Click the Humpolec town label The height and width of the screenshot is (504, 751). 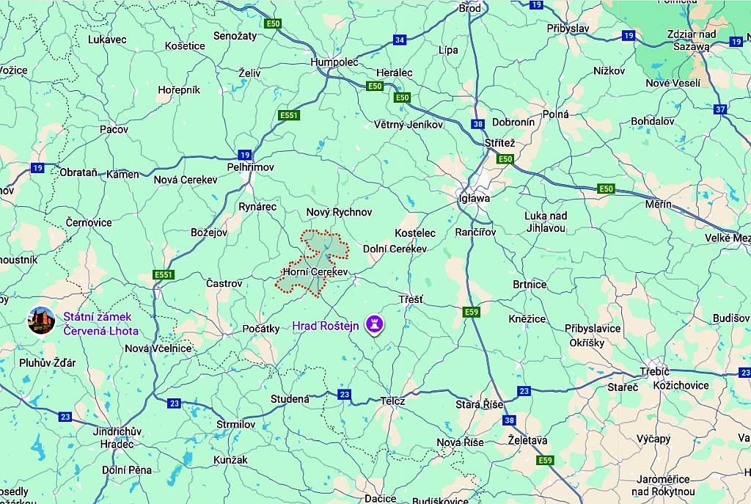(x=334, y=62)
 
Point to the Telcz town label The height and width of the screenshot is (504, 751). (x=392, y=401)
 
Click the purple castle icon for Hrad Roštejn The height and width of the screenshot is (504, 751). (x=375, y=323)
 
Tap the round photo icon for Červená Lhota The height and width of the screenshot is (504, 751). (x=41, y=320)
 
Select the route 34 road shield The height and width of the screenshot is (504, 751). (x=400, y=40)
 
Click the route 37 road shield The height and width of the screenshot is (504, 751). (x=720, y=109)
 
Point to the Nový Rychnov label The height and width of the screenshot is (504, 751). (x=339, y=212)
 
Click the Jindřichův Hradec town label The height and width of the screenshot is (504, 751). (x=117, y=437)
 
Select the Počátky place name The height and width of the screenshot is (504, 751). (x=261, y=329)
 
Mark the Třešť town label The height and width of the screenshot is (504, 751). (x=411, y=299)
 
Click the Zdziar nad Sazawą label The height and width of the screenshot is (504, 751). (x=692, y=40)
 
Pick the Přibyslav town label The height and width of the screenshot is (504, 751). (x=568, y=28)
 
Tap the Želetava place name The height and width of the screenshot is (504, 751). (x=527, y=439)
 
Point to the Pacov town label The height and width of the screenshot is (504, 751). (x=114, y=129)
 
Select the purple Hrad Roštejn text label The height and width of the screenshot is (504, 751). (x=326, y=326)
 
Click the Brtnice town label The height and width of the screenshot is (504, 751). (x=530, y=284)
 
